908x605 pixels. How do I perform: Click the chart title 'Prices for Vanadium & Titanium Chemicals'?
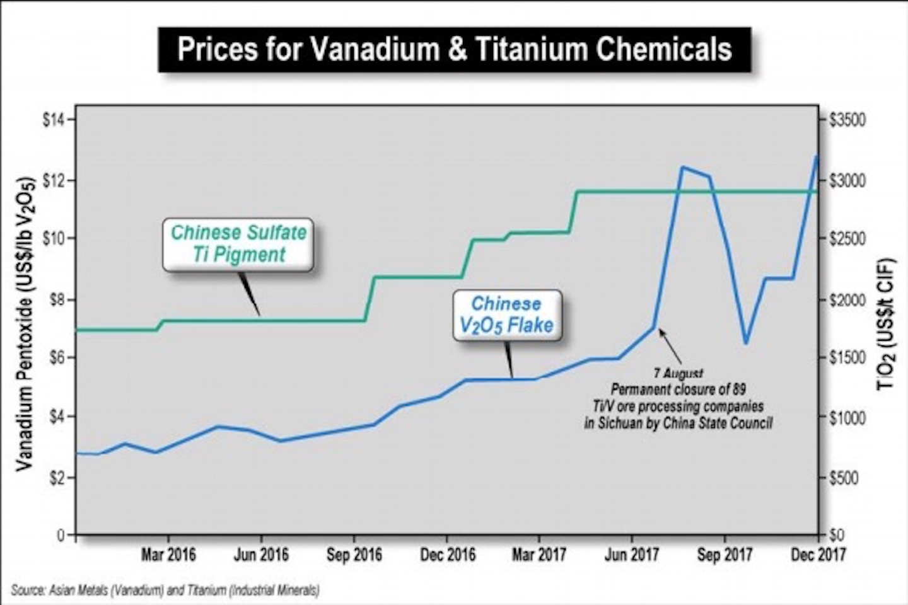[x=454, y=49]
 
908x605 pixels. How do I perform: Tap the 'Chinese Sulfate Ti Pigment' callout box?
[x=238, y=244]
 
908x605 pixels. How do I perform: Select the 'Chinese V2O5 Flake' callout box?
[x=506, y=314]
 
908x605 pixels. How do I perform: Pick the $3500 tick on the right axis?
[x=846, y=120]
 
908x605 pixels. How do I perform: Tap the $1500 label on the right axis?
[x=846, y=358]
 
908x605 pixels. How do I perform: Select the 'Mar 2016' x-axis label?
[x=168, y=555]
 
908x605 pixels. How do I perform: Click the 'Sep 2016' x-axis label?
[x=354, y=555]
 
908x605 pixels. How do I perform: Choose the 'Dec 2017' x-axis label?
[x=818, y=555]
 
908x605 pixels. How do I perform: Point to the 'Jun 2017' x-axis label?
[x=631, y=555]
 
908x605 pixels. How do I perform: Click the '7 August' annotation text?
[x=678, y=374]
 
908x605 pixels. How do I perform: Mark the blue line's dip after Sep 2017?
[x=746, y=342]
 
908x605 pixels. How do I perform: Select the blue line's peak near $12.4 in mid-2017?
[x=682, y=167]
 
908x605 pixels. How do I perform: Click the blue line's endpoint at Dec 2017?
[x=817, y=156]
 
